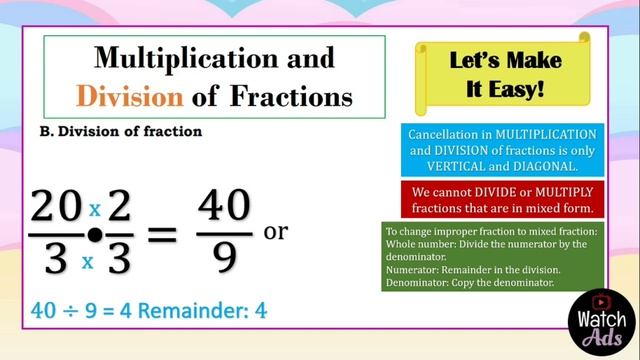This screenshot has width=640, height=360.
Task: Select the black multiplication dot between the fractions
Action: [x=95, y=236]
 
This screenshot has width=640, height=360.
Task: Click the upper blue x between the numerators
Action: [x=95, y=209]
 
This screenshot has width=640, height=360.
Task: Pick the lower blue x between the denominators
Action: [x=88, y=261]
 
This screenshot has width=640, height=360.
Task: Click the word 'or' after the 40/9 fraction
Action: [x=275, y=232]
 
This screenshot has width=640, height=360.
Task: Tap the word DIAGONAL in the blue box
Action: [x=539, y=166]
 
